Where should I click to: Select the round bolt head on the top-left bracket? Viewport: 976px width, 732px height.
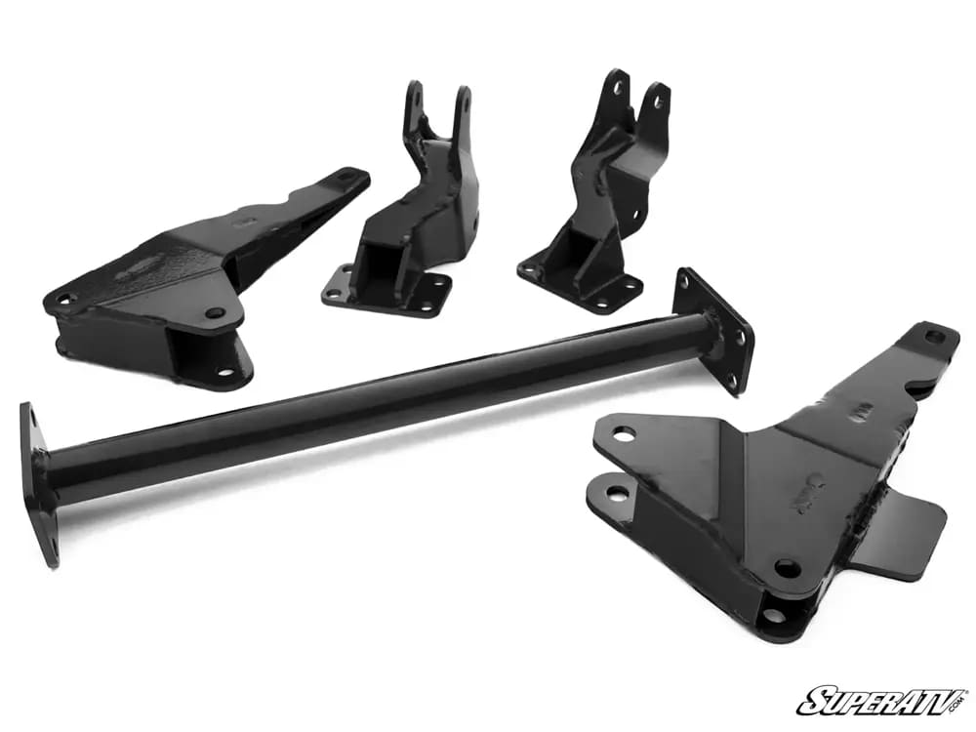pos(216,312)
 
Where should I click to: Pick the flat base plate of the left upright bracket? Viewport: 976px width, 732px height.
pos(386,291)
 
